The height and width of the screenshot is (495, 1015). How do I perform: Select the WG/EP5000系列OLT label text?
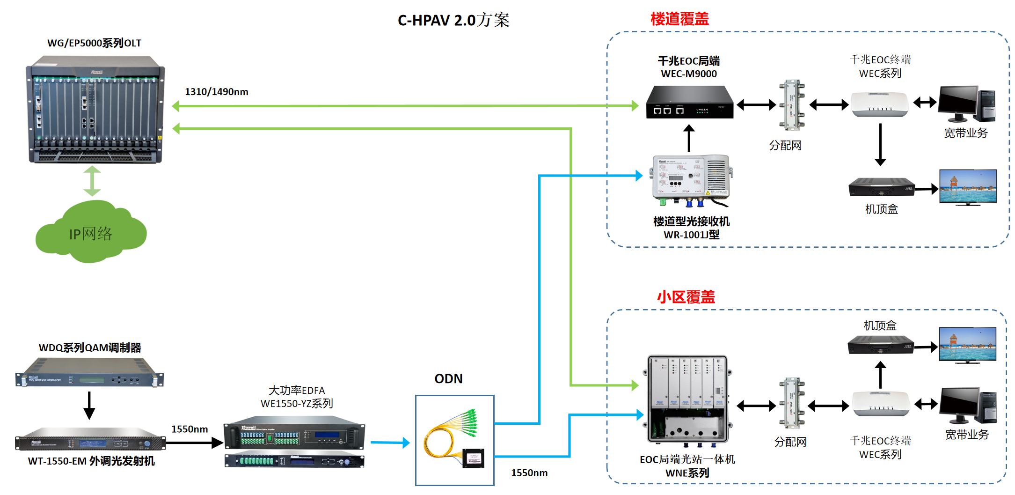click(x=94, y=43)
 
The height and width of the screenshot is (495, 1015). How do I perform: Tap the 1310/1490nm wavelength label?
click(x=216, y=92)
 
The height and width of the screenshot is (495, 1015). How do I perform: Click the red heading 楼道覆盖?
click(x=679, y=19)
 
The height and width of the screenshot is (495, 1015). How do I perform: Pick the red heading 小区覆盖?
click(x=686, y=297)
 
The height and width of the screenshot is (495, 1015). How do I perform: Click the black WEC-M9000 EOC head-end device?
click(x=689, y=102)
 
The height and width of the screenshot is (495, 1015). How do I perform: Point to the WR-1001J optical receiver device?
click(x=692, y=180)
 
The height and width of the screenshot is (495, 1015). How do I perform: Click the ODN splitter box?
click(x=454, y=440)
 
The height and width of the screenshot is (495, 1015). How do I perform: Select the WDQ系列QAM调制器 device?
click(x=89, y=373)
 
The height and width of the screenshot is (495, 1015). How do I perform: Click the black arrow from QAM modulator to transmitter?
click(x=89, y=405)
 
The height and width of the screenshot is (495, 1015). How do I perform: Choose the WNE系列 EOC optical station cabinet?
click(x=687, y=399)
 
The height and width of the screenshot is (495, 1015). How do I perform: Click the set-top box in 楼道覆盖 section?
click(x=881, y=187)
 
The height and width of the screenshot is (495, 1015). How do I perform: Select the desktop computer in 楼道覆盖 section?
click(x=966, y=104)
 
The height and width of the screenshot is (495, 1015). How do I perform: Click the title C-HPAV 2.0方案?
click(x=453, y=20)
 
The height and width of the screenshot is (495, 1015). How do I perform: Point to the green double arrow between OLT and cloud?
click(x=92, y=181)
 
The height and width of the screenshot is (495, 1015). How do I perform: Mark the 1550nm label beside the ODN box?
click(x=529, y=473)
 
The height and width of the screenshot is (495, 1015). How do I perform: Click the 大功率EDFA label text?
click(x=296, y=391)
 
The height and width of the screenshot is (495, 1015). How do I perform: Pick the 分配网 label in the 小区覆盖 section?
click(x=790, y=442)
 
